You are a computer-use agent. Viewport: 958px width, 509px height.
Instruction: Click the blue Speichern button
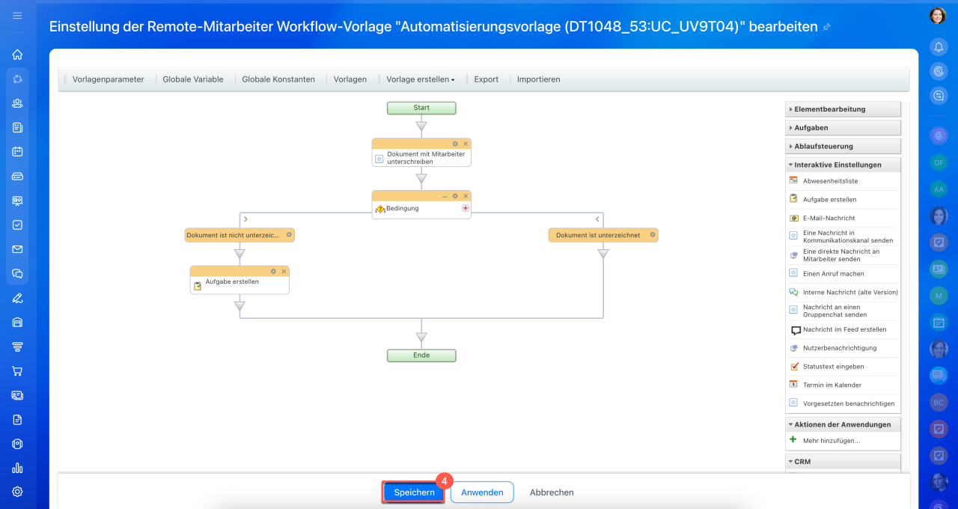coord(414,493)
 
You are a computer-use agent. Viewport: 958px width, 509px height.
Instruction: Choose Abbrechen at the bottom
coord(552,493)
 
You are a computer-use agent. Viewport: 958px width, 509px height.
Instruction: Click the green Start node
coord(421,108)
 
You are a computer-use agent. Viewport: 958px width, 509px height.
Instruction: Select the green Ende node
coord(421,356)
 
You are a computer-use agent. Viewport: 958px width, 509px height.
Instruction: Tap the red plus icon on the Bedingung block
coord(466,208)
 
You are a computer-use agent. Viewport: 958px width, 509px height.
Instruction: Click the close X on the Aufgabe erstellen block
coord(284,271)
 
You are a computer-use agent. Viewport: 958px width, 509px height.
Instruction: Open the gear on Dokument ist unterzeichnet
coord(652,235)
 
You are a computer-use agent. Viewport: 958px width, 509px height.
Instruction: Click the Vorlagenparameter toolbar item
coord(109,79)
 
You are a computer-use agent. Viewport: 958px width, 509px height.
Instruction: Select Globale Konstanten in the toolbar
coord(278,79)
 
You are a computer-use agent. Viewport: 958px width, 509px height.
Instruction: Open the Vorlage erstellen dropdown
coord(421,79)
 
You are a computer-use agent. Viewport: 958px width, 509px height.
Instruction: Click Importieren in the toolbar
coord(538,79)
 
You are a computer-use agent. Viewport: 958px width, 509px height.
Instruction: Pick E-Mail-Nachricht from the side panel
coord(829,218)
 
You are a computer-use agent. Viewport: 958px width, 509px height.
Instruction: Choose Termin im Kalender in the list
coord(832,385)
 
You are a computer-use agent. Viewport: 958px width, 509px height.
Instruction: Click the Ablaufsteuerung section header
coord(843,146)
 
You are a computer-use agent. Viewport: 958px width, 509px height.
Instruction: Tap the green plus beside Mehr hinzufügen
coord(793,439)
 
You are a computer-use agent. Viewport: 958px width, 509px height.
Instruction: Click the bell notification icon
coord(939,47)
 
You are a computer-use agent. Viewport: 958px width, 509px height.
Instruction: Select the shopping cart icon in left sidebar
coord(17,371)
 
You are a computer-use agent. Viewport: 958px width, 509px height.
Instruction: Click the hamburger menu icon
coord(17,16)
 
